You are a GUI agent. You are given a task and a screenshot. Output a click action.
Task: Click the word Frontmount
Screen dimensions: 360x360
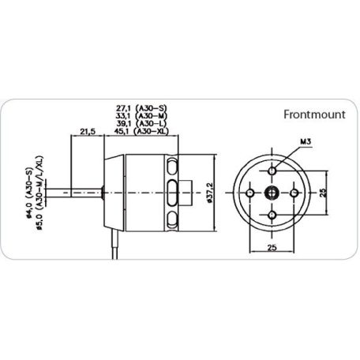tap(315, 114)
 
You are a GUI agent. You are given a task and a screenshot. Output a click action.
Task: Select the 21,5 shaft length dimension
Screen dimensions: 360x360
tap(88, 131)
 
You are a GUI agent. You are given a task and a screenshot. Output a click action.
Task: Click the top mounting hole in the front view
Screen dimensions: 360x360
tap(272, 171)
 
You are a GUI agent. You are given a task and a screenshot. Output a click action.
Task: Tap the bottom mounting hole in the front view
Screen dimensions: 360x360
tap(272, 214)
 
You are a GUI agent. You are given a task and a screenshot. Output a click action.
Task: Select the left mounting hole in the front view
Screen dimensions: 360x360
tap(250, 192)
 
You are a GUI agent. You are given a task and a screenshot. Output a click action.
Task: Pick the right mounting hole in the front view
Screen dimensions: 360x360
tap(294, 192)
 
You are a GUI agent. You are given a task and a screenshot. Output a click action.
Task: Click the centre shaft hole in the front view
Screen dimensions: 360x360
tap(272, 192)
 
